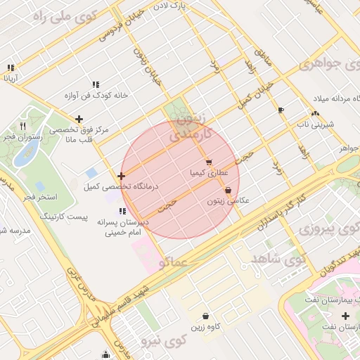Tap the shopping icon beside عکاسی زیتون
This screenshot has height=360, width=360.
tap(228, 191)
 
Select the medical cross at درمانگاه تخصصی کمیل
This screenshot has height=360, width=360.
tap(122, 176)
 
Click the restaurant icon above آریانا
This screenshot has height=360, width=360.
tap(11, 68)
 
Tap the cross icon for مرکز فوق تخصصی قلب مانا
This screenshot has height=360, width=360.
tap(79, 119)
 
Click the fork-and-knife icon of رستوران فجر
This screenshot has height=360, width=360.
tap(22, 127)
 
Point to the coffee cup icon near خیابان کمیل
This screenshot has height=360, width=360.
tap(281, 110)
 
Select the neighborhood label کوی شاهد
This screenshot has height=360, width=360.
tap(277, 259)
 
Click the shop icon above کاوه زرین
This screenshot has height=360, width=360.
tap(205, 316)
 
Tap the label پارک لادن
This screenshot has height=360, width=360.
tap(193, 6)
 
